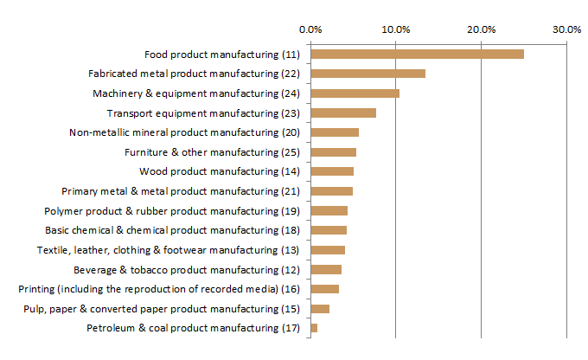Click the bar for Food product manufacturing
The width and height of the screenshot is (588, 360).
[x=417, y=55]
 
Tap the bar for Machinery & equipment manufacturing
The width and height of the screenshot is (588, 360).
[x=355, y=93]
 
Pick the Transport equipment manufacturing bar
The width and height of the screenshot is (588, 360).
[x=343, y=113]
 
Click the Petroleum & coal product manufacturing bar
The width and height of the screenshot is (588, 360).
[x=314, y=328]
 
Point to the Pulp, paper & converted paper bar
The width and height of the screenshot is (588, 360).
[x=320, y=309]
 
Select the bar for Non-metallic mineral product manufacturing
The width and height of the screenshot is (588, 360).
[x=335, y=132]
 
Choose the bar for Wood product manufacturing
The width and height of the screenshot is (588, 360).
[x=332, y=171]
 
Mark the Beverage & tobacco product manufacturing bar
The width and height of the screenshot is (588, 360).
[x=326, y=270]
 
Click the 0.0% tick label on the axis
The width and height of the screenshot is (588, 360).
[x=310, y=29]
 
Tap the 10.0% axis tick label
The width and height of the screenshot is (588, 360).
[x=396, y=29]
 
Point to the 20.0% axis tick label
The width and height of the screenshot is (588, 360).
[x=482, y=29]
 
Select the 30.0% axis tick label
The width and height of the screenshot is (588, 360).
[x=567, y=29]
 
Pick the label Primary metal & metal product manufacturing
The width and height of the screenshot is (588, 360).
[x=181, y=191]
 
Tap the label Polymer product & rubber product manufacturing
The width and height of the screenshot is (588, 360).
[x=171, y=211]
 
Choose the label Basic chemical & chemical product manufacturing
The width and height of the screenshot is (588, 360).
[x=172, y=230]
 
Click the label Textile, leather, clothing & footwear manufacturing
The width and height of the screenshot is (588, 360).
[x=168, y=250]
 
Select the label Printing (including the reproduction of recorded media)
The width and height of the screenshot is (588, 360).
[x=159, y=289]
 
